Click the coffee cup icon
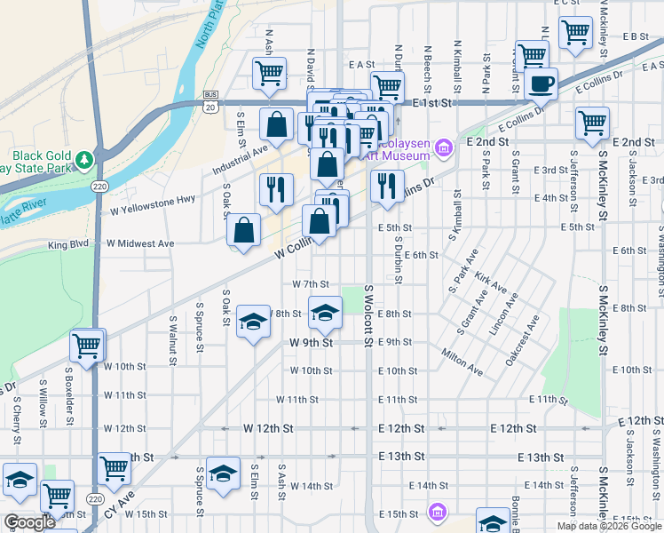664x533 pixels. (x=541, y=84)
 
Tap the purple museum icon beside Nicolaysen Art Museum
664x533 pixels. (x=444, y=147)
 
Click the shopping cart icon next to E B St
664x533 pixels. (x=576, y=34)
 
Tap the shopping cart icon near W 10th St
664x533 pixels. (x=87, y=346)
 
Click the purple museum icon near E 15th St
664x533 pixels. (x=436, y=512)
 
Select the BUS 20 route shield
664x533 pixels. (x=210, y=101)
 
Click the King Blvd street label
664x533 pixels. (x=69, y=243)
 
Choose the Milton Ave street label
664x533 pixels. (x=462, y=356)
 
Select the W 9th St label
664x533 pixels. (x=311, y=342)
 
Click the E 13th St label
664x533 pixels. (x=400, y=457)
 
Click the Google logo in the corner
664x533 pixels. (x=29, y=523)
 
